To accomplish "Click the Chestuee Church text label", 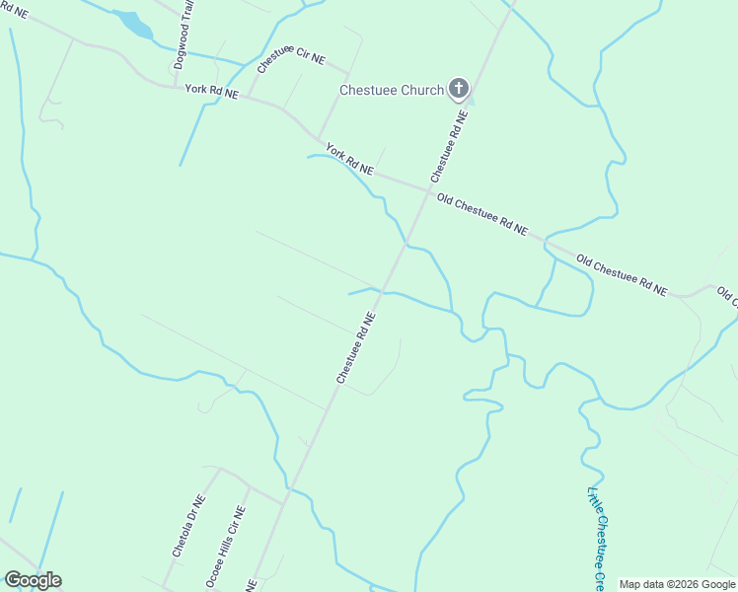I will (391, 90).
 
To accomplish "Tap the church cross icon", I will (458, 90).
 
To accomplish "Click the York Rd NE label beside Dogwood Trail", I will (212, 92).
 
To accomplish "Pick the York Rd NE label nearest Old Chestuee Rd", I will (350, 161).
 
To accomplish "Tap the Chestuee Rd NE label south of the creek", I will (356, 348).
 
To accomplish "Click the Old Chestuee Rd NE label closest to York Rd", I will (481, 213).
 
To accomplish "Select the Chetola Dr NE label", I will (187, 527).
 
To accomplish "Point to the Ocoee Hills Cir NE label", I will (225, 548).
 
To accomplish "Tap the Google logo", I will (33, 580).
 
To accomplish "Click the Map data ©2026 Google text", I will (678, 584).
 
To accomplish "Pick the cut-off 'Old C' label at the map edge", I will (727, 295).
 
